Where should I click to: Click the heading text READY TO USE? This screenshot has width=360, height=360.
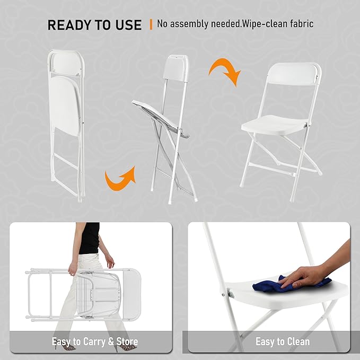[94, 25]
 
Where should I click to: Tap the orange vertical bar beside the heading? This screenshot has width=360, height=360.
[151, 24]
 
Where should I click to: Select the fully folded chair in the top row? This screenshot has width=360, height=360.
[67, 122]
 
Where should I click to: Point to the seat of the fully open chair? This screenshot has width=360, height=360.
[275, 124]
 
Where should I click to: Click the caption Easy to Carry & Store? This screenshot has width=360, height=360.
[95, 341]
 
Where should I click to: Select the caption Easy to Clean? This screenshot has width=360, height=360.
[283, 341]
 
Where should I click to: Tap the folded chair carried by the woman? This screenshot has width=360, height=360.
[85, 294]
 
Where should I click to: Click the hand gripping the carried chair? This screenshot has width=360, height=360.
[73, 269]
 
